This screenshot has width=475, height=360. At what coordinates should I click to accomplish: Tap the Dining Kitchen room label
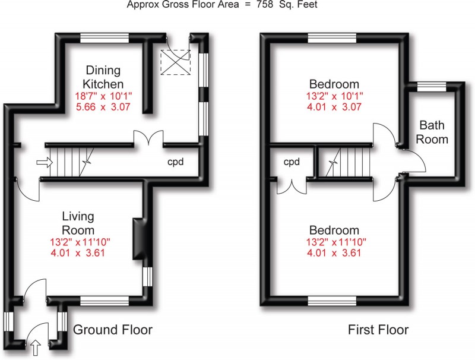(102, 77)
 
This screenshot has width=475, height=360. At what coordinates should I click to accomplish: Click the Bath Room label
(433, 132)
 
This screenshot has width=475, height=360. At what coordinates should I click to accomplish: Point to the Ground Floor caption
(112, 330)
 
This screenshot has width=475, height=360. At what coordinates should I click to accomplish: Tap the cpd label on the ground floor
(175, 162)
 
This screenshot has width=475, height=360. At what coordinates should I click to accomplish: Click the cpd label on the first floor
(291, 162)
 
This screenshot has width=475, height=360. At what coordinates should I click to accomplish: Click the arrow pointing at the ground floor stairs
(43, 162)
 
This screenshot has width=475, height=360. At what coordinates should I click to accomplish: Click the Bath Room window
(431, 87)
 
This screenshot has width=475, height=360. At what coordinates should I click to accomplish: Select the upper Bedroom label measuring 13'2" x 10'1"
(334, 83)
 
